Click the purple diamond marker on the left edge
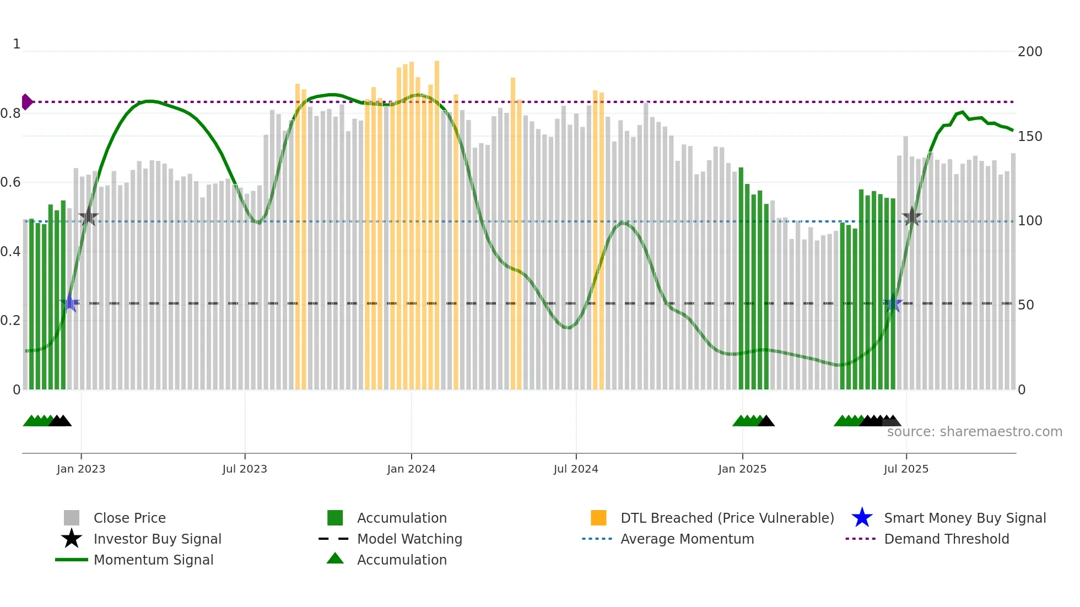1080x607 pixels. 26,102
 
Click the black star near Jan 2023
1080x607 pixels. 88,217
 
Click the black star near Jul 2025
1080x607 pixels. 912,217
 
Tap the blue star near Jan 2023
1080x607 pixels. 69,303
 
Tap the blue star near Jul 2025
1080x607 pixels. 893,303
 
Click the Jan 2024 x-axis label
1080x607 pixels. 411,469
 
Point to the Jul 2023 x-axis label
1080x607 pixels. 245,469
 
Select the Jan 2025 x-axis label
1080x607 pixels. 742,469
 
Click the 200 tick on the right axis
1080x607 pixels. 1030,52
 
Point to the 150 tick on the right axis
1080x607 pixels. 1030,136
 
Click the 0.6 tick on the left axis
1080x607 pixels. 10,182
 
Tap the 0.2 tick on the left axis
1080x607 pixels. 10,321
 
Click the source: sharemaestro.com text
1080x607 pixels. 974,432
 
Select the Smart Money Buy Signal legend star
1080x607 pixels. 862,518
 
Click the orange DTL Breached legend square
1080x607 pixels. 598,518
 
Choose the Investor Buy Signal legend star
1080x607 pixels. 72,539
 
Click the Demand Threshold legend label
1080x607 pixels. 946,539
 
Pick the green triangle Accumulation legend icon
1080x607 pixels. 335,559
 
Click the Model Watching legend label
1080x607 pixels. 409,539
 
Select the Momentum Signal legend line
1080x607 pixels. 72,560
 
